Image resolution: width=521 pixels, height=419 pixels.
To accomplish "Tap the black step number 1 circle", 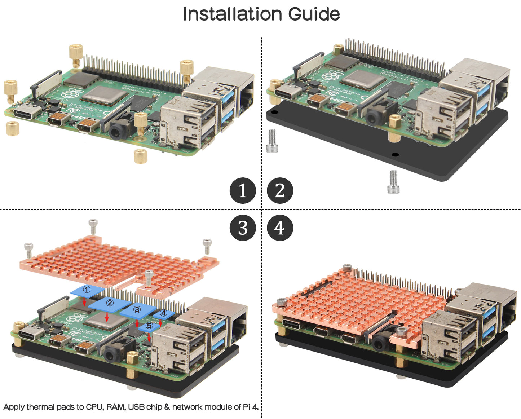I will pyautogui.click(x=243, y=190).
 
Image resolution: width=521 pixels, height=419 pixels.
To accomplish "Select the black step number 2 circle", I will pyautogui.click(x=280, y=190).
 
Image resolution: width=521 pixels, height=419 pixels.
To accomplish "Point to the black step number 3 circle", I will pyautogui.click(x=243, y=228).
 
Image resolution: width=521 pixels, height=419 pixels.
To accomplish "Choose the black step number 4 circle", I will pyautogui.click(x=280, y=228).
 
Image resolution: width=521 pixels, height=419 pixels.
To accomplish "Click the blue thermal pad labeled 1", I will pyautogui.click(x=87, y=290).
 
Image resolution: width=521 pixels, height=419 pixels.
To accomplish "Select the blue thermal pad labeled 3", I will pyautogui.click(x=137, y=310).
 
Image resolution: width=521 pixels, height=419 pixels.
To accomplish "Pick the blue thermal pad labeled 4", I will pyautogui.click(x=163, y=313).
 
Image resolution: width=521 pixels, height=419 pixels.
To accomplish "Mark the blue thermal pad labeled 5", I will pyautogui.click(x=149, y=326).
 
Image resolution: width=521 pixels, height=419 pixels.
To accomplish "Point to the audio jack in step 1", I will pyautogui.click(x=117, y=131).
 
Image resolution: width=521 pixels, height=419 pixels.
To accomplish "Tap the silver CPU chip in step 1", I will pyautogui.click(x=104, y=94).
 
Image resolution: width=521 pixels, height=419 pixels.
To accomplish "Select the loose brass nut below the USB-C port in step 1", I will pyautogui.click(x=13, y=128).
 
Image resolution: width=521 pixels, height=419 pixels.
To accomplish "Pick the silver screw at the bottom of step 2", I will pyautogui.click(x=393, y=182).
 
